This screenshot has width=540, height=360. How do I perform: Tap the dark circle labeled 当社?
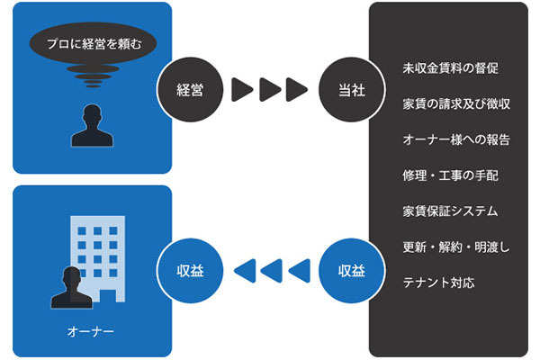click(x=350, y=89)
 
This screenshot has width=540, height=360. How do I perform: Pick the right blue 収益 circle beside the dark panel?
click(x=350, y=269)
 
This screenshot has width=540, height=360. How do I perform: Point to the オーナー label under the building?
click(x=90, y=331)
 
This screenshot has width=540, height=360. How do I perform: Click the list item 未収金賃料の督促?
click(x=451, y=68)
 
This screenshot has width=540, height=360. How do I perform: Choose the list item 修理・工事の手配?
click(x=451, y=175)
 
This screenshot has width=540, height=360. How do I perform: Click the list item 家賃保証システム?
click(x=451, y=211)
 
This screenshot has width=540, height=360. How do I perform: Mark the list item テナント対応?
click(x=439, y=283)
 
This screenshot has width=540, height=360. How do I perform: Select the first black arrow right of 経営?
click(x=240, y=89)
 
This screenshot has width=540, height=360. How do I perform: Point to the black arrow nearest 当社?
click(x=296, y=89)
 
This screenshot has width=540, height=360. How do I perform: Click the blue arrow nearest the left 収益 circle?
click(x=242, y=269)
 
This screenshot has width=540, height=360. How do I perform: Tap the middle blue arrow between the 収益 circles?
click(x=270, y=269)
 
